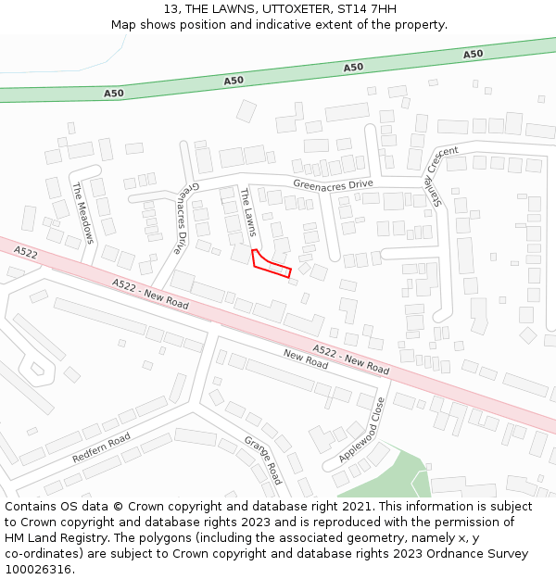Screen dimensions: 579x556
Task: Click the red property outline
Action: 271,264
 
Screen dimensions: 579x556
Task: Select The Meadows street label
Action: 83,212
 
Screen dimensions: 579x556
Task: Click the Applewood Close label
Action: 361,430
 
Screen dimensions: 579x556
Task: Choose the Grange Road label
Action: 262,459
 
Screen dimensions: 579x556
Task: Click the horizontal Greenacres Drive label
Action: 333,184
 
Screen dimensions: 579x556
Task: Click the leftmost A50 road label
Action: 114,93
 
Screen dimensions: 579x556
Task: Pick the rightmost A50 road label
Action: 473,54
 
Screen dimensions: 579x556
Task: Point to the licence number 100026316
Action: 39,570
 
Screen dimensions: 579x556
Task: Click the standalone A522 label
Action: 26,252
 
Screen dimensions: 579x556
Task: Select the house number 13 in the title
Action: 171,9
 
